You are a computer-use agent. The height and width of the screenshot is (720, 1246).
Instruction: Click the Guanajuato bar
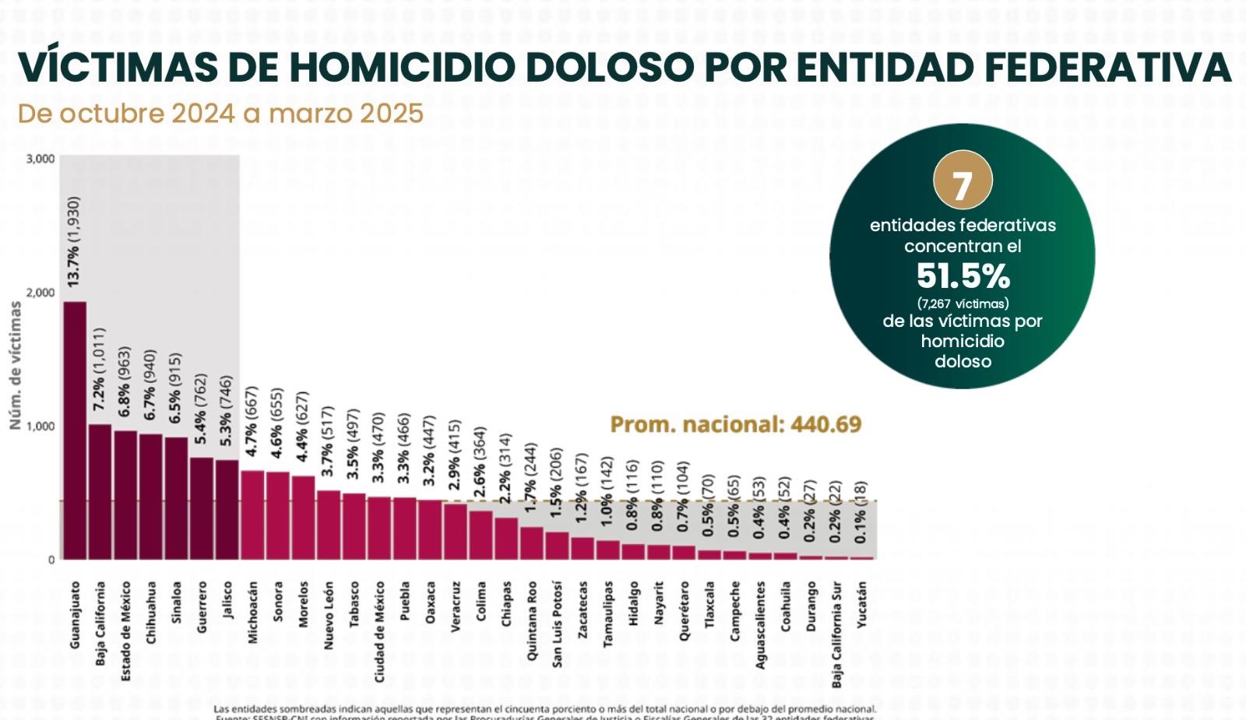(x=75, y=430)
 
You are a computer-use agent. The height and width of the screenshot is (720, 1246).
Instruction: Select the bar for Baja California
(x=100, y=491)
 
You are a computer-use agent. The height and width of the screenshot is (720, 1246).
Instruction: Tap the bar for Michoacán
(x=252, y=515)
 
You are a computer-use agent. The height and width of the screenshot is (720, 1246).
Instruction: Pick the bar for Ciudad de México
(x=379, y=528)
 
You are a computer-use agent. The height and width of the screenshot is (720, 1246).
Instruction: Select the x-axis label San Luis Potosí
(x=556, y=623)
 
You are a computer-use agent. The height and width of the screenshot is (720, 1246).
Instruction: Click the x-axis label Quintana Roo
(x=531, y=620)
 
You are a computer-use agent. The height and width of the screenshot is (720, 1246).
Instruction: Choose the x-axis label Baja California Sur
(x=836, y=634)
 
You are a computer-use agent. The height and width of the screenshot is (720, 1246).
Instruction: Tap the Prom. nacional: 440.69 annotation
(x=735, y=424)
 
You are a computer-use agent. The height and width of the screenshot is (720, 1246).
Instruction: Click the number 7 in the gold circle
(x=963, y=185)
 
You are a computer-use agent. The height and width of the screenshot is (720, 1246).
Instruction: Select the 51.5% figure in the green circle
(x=963, y=276)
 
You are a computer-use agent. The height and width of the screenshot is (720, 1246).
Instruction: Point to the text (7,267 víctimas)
(x=963, y=303)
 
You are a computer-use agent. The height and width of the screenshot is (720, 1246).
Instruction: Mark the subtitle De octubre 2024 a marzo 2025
(x=220, y=114)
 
